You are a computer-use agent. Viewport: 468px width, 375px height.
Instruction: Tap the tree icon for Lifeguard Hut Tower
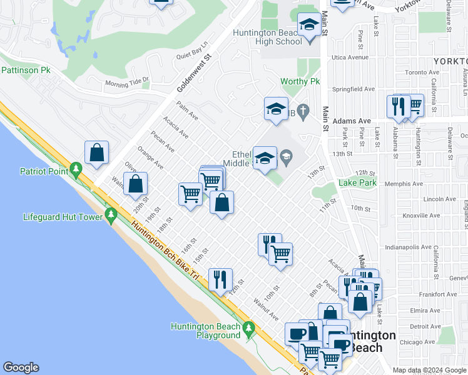111,216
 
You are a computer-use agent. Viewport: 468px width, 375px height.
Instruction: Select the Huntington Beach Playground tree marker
249,327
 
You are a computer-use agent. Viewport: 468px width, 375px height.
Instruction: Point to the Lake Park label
357,182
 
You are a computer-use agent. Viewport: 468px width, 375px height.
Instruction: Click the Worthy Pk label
300,82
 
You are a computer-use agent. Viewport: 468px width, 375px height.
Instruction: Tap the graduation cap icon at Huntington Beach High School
308,26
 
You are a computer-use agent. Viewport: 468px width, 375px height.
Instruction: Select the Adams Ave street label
352,121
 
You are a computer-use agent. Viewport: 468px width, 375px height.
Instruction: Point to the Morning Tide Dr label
128,82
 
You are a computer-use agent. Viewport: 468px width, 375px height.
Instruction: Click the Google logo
21,367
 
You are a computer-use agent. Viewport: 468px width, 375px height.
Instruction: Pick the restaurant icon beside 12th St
220,279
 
